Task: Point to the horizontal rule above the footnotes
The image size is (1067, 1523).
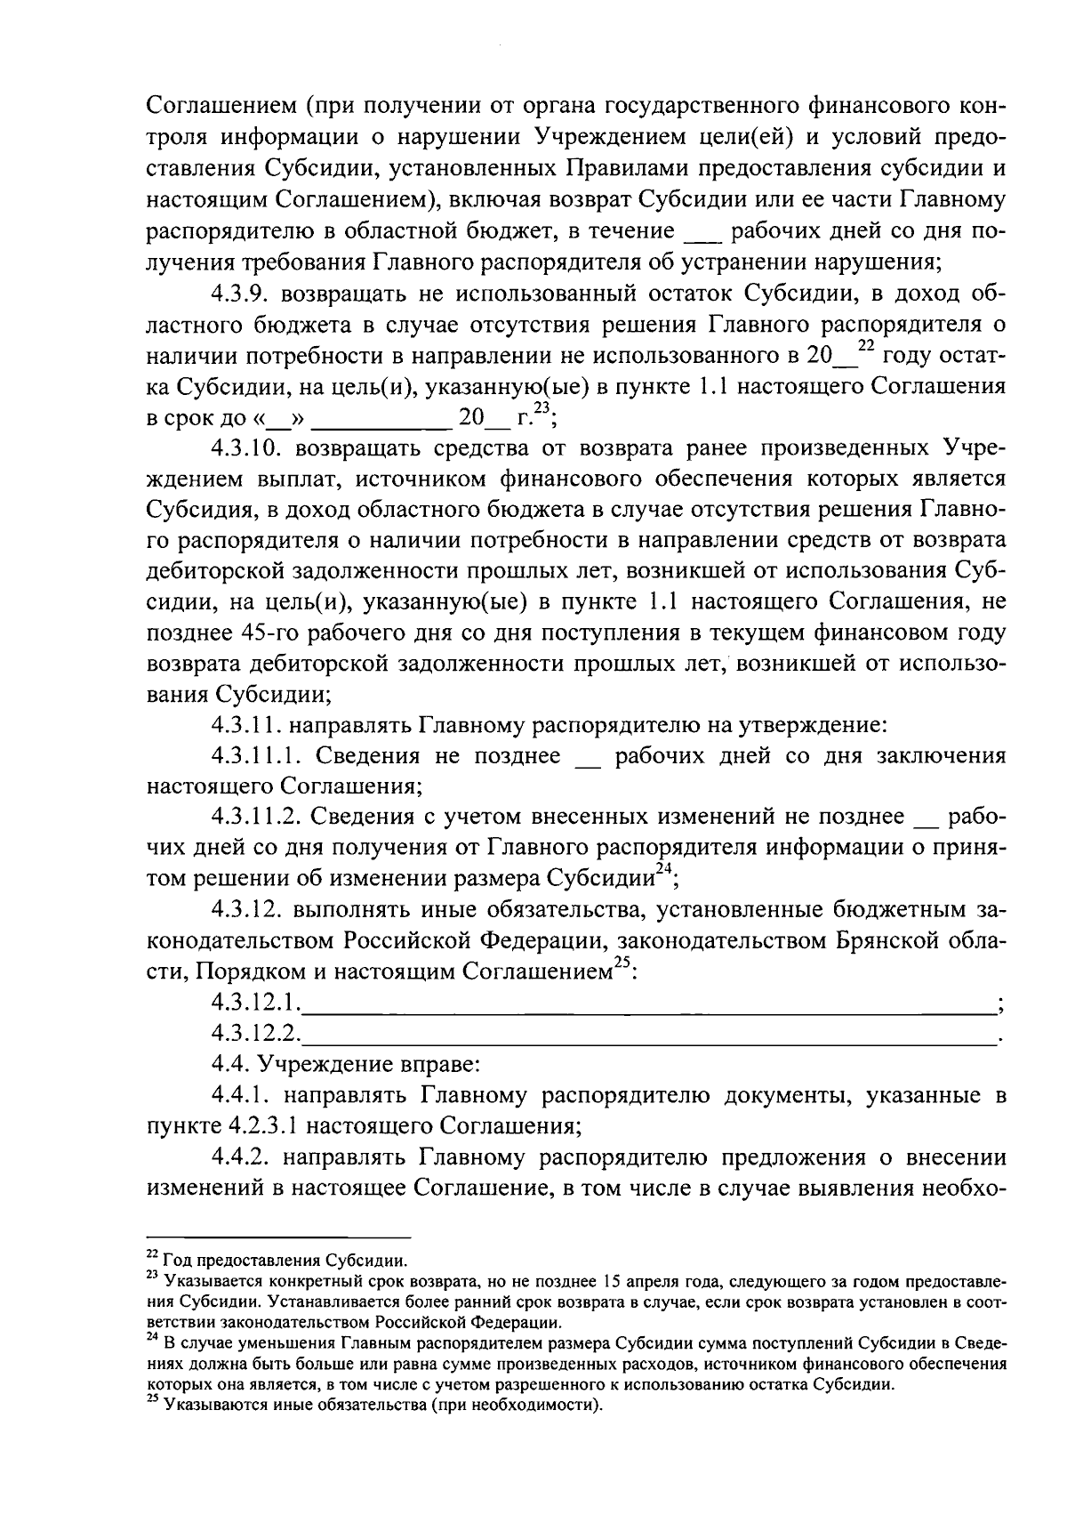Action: [x=278, y=1237]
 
